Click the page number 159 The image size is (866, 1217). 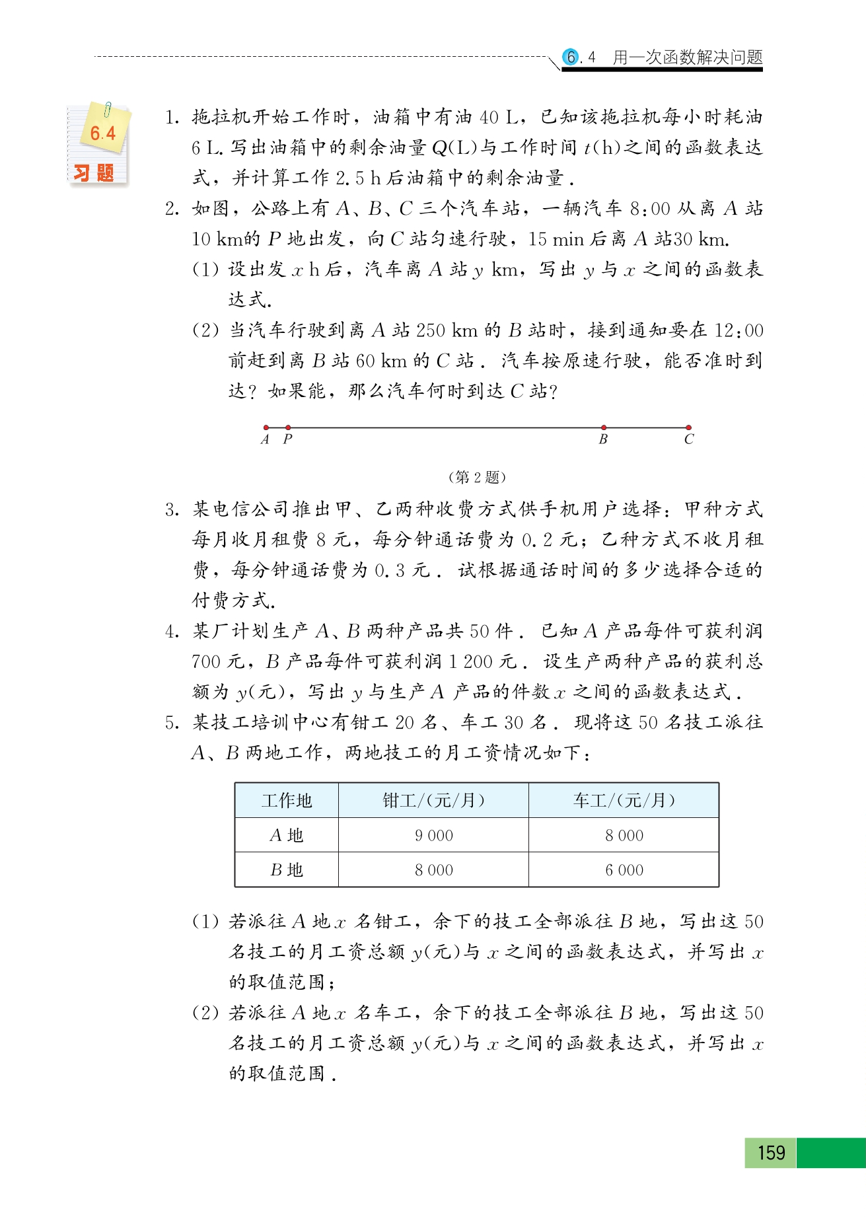(771, 1153)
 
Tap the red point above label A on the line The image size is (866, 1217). (266, 427)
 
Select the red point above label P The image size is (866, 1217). (288, 427)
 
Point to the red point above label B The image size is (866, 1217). (604, 427)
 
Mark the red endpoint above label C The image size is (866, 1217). (688, 427)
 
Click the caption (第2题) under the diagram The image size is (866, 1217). (477, 477)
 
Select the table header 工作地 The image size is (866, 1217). (287, 801)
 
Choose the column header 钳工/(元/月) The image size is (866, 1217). (433, 801)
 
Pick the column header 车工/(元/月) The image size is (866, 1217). (624, 801)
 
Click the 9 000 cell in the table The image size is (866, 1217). (433, 836)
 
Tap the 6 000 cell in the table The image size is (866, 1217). (624, 870)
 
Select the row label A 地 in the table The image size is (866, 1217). (287, 836)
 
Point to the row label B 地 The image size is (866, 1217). (287, 870)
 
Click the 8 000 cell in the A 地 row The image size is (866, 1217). (624, 836)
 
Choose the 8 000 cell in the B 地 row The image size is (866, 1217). (433, 870)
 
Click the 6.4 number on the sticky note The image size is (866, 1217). (102, 133)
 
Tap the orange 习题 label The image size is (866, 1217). (94, 173)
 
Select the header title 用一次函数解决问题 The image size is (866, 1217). (688, 57)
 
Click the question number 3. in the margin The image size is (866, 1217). (172, 509)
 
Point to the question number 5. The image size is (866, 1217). (172, 723)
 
